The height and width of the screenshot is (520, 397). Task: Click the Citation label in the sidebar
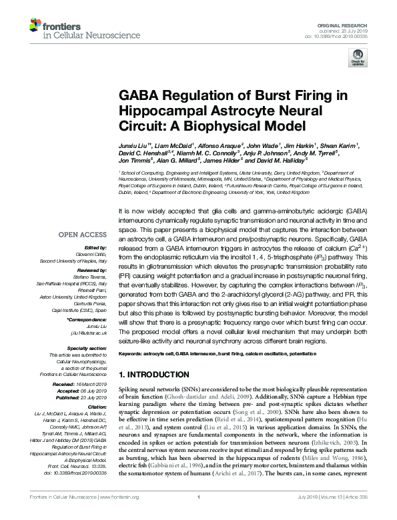[96, 407]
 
